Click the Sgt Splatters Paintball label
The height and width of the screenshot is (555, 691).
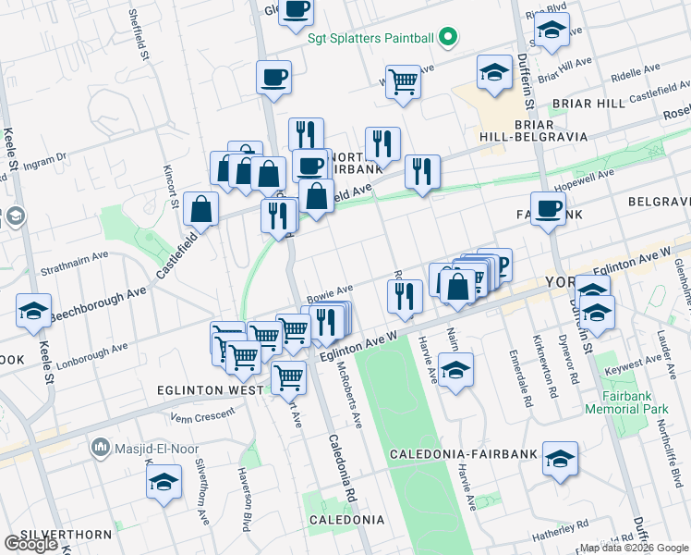click(x=370, y=38)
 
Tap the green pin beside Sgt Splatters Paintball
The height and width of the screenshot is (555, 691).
click(x=448, y=38)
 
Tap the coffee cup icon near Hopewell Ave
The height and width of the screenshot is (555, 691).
click(x=548, y=208)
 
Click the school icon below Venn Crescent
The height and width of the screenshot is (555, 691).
click(x=164, y=481)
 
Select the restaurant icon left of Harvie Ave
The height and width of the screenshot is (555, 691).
click(x=404, y=296)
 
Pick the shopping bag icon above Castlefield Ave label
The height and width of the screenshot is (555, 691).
click(x=200, y=210)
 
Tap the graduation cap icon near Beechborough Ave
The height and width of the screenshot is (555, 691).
click(x=34, y=310)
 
